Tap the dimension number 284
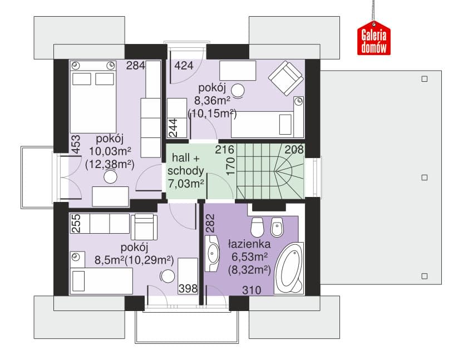pos(136,65)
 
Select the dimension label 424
pos(184,65)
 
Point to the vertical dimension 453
pos(76,144)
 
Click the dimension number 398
pos(188,289)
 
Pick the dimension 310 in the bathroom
pos(252,290)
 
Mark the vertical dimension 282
pos(210,223)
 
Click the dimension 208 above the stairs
pos(294,150)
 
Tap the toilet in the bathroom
pos(257,227)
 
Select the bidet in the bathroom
pos(277,227)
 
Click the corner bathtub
pos(289,268)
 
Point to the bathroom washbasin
pos(211,253)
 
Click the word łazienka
pos(249,244)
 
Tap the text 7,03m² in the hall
pos(186,184)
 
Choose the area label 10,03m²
pos(110,151)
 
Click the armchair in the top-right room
pos(286,78)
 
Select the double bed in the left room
pos(93,97)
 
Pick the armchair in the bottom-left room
pos(144,227)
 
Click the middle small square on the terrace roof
pos(424,177)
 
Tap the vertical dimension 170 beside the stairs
pos(230,166)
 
